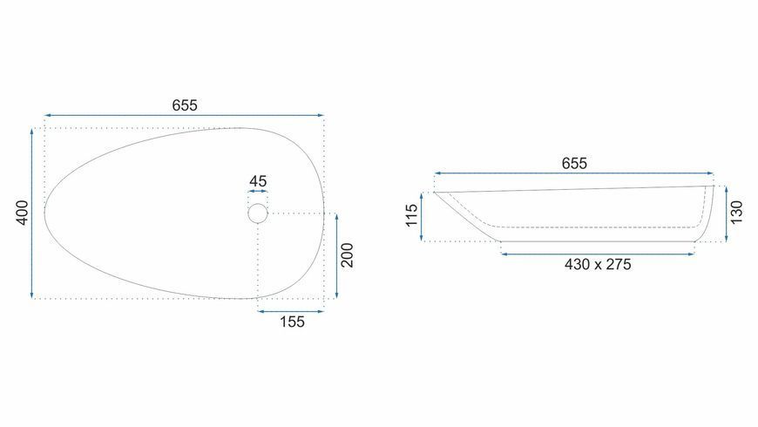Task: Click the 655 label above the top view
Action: [185, 105]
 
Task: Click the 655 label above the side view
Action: [574, 164]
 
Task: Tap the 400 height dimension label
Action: [23, 213]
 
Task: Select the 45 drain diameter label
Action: [258, 181]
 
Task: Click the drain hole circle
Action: [258, 204]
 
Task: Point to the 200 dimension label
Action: [347, 255]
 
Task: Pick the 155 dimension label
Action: [292, 322]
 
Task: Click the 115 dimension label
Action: [411, 215]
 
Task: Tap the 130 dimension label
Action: [735, 213]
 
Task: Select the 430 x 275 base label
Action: [598, 264]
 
